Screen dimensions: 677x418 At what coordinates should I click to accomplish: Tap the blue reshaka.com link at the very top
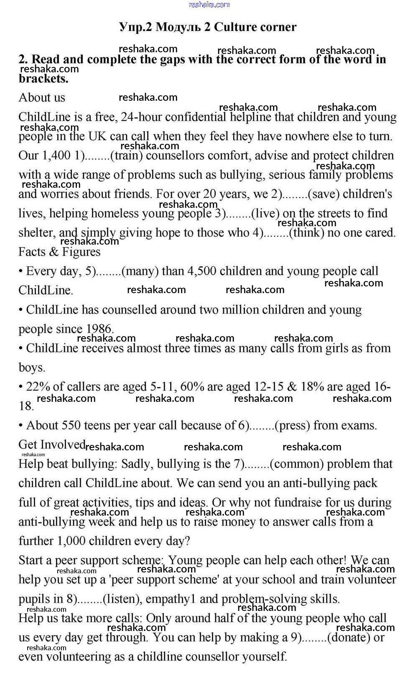209,5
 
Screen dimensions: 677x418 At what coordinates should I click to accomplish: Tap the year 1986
99,329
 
